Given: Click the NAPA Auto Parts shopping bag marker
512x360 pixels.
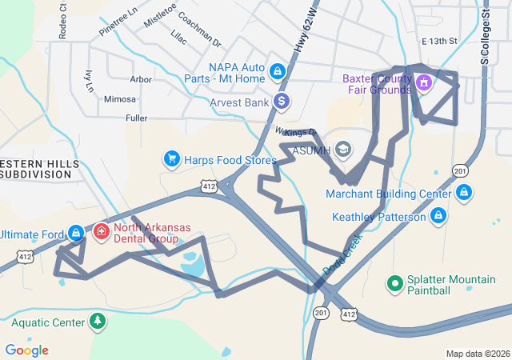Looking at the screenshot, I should point(277,72).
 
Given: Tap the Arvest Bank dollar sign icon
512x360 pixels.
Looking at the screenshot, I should point(281,102).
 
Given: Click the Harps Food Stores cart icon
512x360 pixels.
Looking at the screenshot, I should point(171,159).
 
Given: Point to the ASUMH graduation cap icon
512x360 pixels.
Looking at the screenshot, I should point(343,150).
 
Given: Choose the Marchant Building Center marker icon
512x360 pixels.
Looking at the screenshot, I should point(464,193).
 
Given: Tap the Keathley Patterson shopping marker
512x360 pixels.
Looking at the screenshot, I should point(438,216).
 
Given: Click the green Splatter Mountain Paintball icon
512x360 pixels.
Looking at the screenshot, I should point(394,283).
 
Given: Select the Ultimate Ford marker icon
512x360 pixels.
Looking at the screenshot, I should point(75,233).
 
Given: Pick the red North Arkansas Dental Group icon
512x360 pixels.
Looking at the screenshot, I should point(102,232).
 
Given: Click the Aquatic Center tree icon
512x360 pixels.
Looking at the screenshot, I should point(97,322).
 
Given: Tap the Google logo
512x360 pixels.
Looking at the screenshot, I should point(27,350).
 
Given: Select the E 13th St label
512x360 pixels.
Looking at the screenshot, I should point(439,41).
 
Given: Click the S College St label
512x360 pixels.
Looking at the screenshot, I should point(484,36).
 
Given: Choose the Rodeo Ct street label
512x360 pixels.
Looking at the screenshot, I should point(63,26).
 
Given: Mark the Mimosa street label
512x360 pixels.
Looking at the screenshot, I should point(120,99).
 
